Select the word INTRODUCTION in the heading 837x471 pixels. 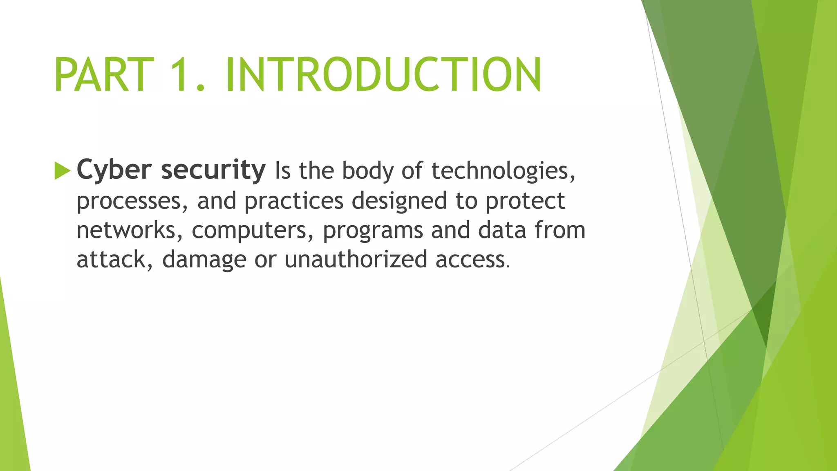(383, 75)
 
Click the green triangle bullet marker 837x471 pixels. (62, 170)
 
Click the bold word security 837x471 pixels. (213, 170)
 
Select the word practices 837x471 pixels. (294, 202)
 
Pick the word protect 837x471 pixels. (525, 202)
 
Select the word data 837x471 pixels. (502, 230)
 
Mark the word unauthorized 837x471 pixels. (356, 260)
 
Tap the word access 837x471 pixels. (470, 260)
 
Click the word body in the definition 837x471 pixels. (367, 171)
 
